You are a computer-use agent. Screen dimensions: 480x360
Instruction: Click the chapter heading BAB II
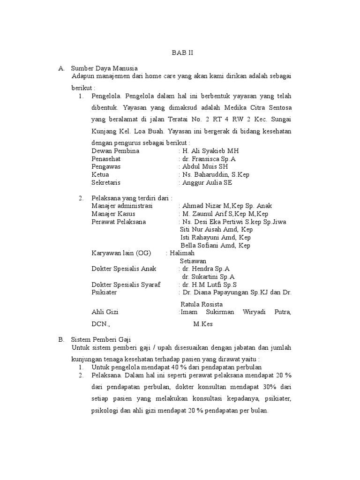point(182,53)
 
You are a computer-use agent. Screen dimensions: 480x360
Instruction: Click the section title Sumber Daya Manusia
point(104,68)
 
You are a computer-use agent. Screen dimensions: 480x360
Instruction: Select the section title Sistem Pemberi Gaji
point(101,339)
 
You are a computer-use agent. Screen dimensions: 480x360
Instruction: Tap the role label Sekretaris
point(106,183)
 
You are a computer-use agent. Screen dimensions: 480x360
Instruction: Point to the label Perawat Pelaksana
point(119,222)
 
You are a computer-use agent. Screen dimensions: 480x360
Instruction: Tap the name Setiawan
point(193,261)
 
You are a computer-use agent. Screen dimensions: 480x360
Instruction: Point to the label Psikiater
point(105,292)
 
